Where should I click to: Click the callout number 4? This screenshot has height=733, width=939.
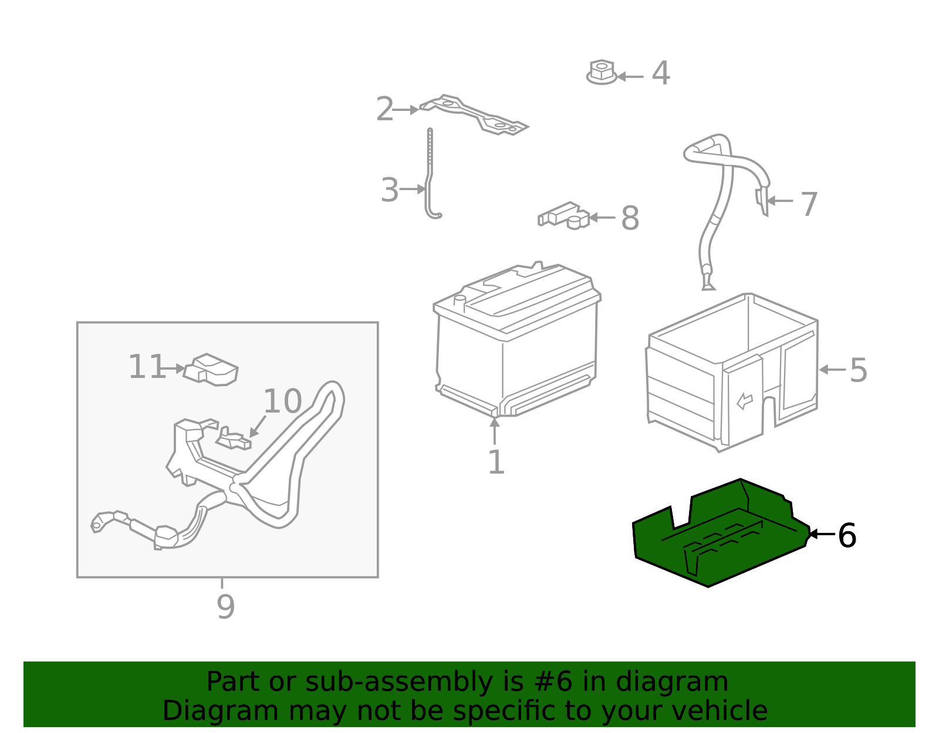pyautogui.click(x=661, y=74)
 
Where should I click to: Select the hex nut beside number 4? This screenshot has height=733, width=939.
pyautogui.click(x=601, y=72)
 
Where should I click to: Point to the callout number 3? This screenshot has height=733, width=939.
pyautogui.click(x=389, y=191)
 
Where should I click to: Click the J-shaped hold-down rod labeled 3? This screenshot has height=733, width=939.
pyautogui.click(x=430, y=176)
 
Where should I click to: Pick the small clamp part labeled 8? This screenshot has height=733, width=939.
pyautogui.click(x=564, y=215)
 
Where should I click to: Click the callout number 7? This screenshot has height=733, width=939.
pyautogui.click(x=809, y=204)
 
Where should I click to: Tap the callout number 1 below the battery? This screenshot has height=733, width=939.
pyautogui.click(x=496, y=462)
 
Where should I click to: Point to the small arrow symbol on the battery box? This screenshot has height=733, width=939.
pyautogui.click(x=744, y=401)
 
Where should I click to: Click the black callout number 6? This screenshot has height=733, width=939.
pyautogui.click(x=847, y=536)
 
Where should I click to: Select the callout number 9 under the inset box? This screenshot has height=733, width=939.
pyautogui.click(x=225, y=607)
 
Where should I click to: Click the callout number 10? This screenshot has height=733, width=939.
pyautogui.click(x=282, y=402)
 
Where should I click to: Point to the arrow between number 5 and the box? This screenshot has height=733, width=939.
pyautogui.click(x=832, y=370)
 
